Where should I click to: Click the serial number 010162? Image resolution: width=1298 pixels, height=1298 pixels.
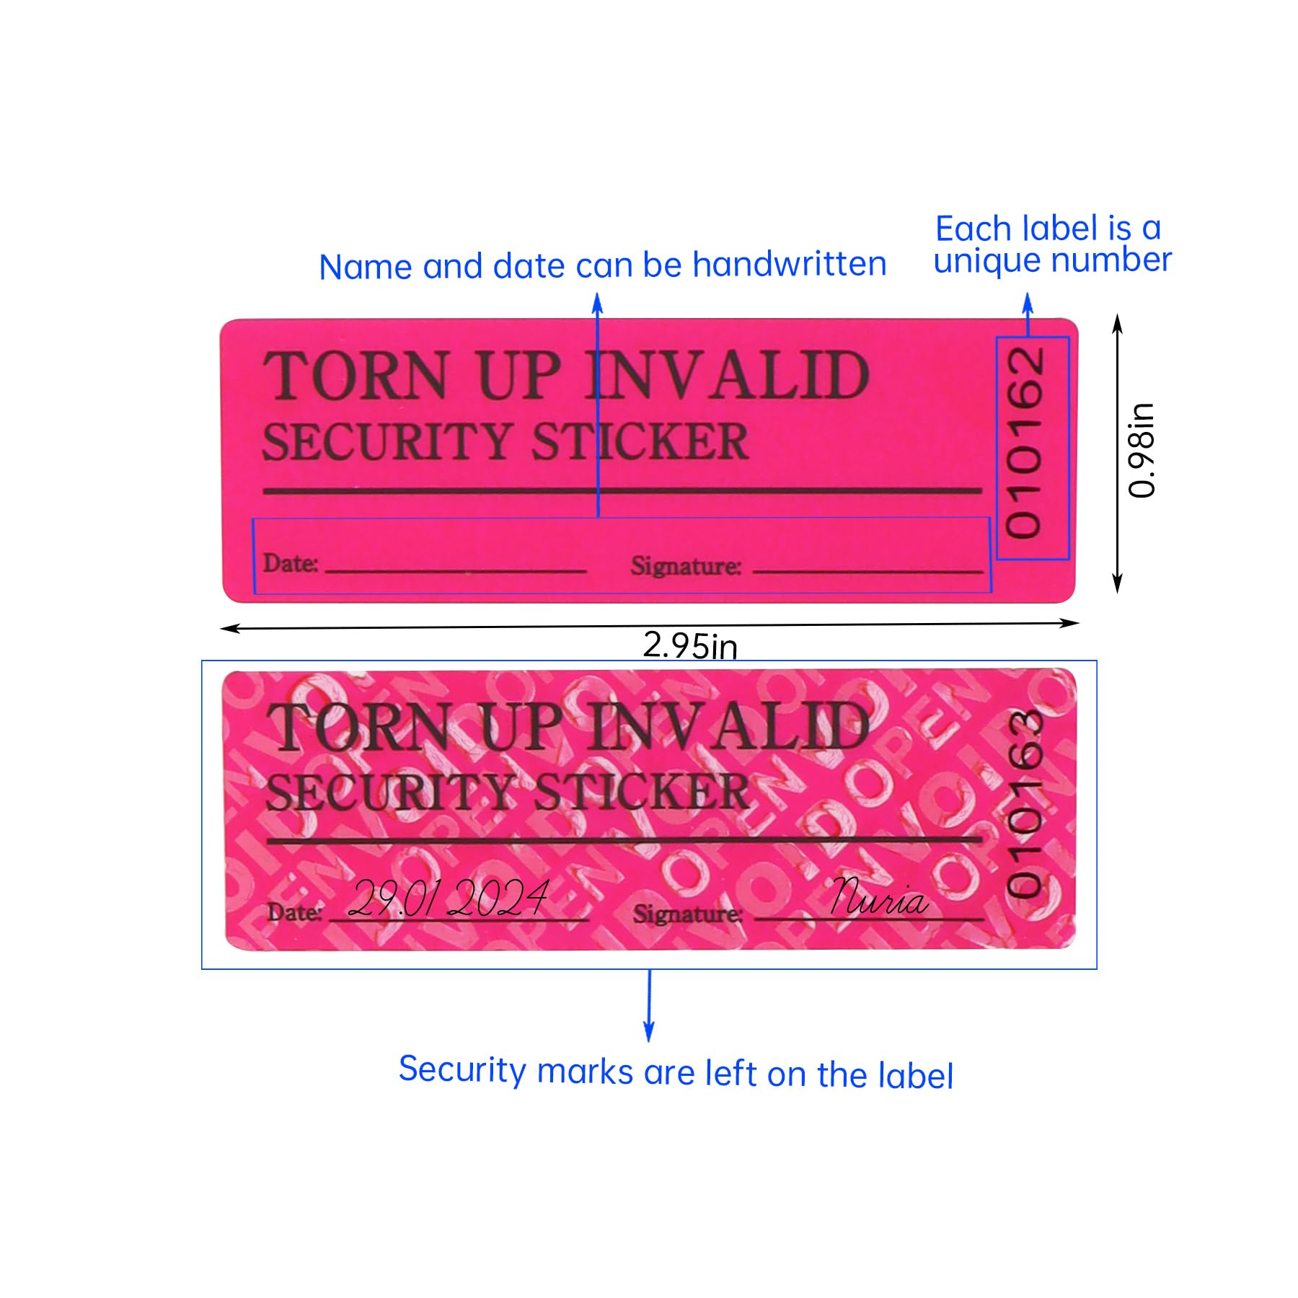(1025, 443)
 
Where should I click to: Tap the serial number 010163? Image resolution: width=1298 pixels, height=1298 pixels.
(1025, 803)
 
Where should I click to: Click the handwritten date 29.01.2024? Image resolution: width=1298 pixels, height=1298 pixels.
(449, 899)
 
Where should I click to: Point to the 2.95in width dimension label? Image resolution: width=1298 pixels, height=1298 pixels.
(689, 645)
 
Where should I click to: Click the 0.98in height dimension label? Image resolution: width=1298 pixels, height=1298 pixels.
(1142, 451)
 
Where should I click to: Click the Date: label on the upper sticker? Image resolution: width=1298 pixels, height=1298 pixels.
(290, 563)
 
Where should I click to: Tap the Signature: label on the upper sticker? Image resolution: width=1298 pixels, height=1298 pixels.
(686, 566)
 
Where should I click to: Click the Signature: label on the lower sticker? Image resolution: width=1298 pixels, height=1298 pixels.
(687, 914)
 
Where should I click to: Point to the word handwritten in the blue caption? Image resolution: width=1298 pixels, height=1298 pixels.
(789, 265)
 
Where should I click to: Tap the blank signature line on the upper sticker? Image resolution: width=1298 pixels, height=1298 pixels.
(867, 572)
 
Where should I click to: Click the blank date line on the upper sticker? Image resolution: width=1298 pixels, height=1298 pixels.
(456, 571)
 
